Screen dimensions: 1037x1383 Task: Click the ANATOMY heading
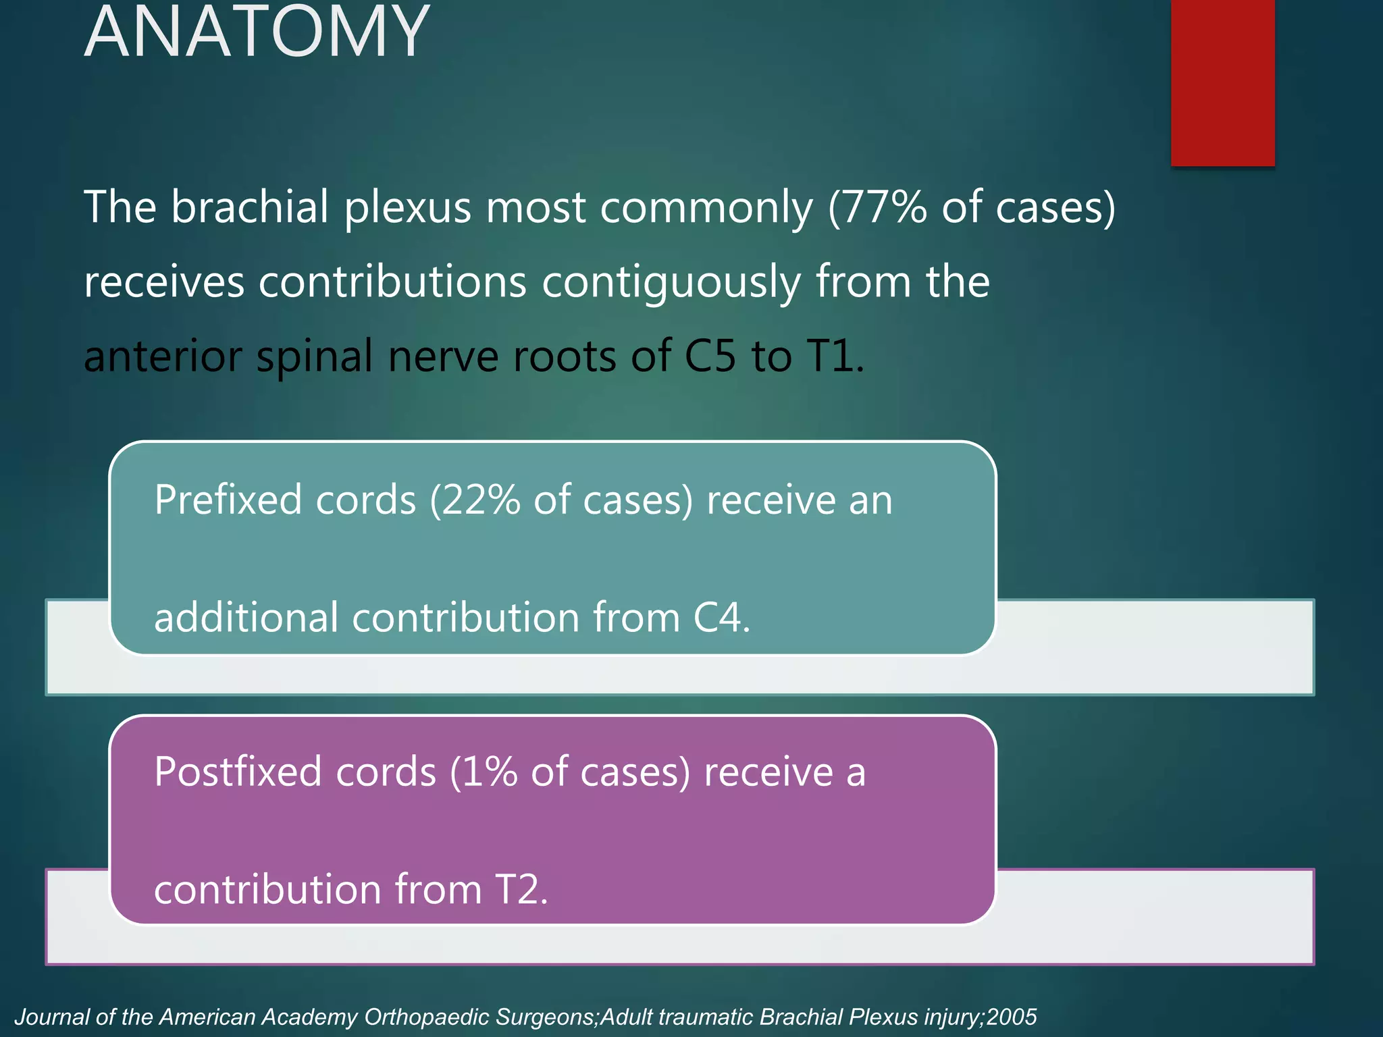[257, 32]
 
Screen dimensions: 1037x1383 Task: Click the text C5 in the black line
[709, 356]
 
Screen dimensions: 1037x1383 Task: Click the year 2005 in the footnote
[1011, 1017]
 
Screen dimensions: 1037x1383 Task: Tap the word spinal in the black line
[314, 356]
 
